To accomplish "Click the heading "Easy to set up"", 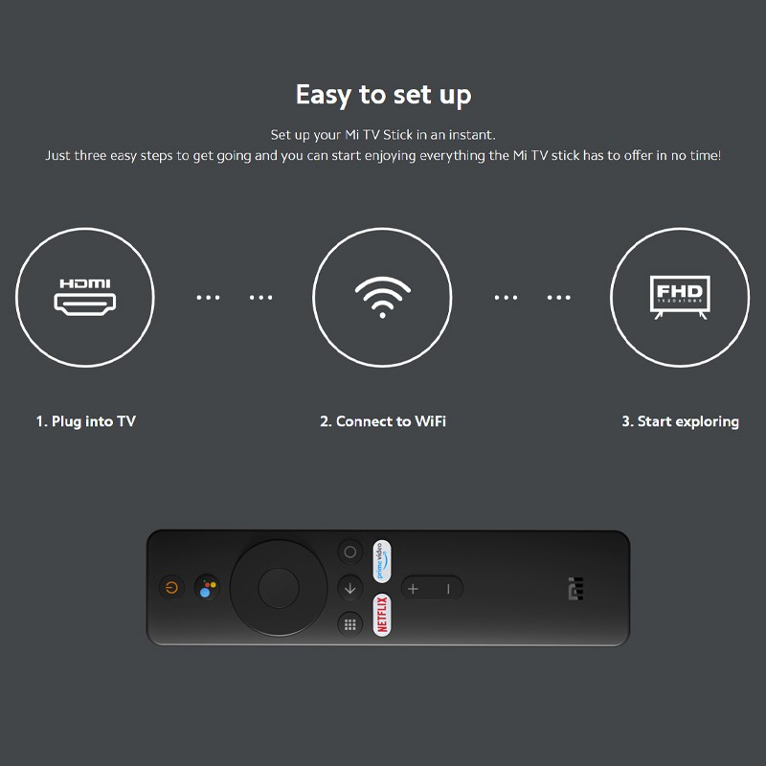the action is click(x=384, y=95).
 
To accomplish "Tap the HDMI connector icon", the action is click(x=85, y=297).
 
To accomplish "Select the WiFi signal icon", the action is click(x=382, y=297).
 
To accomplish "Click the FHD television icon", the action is click(x=680, y=297).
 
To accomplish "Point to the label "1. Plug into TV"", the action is click(x=86, y=421).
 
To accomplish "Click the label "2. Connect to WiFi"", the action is click(x=383, y=421).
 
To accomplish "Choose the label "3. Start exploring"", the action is click(x=680, y=421).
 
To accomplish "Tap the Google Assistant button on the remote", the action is click(x=207, y=587).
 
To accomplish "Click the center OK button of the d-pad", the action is click(x=279, y=588).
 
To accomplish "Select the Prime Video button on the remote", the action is click(x=381, y=561).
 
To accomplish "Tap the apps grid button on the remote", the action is click(x=349, y=624).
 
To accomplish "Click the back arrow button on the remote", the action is click(x=349, y=588).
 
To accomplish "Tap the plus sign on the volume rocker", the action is click(x=413, y=589).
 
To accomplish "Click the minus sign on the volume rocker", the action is click(x=448, y=589).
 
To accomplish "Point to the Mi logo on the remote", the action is click(x=576, y=588).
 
